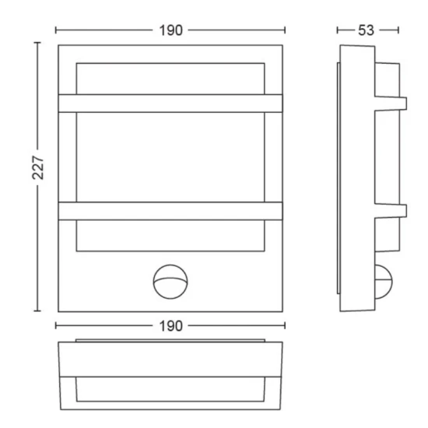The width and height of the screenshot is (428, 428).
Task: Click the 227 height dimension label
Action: [x=38, y=167]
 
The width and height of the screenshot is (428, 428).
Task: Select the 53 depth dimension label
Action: [x=366, y=30]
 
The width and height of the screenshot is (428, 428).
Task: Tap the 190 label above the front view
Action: [x=170, y=30]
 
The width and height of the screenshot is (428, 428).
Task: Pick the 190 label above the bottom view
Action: [x=170, y=326]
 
